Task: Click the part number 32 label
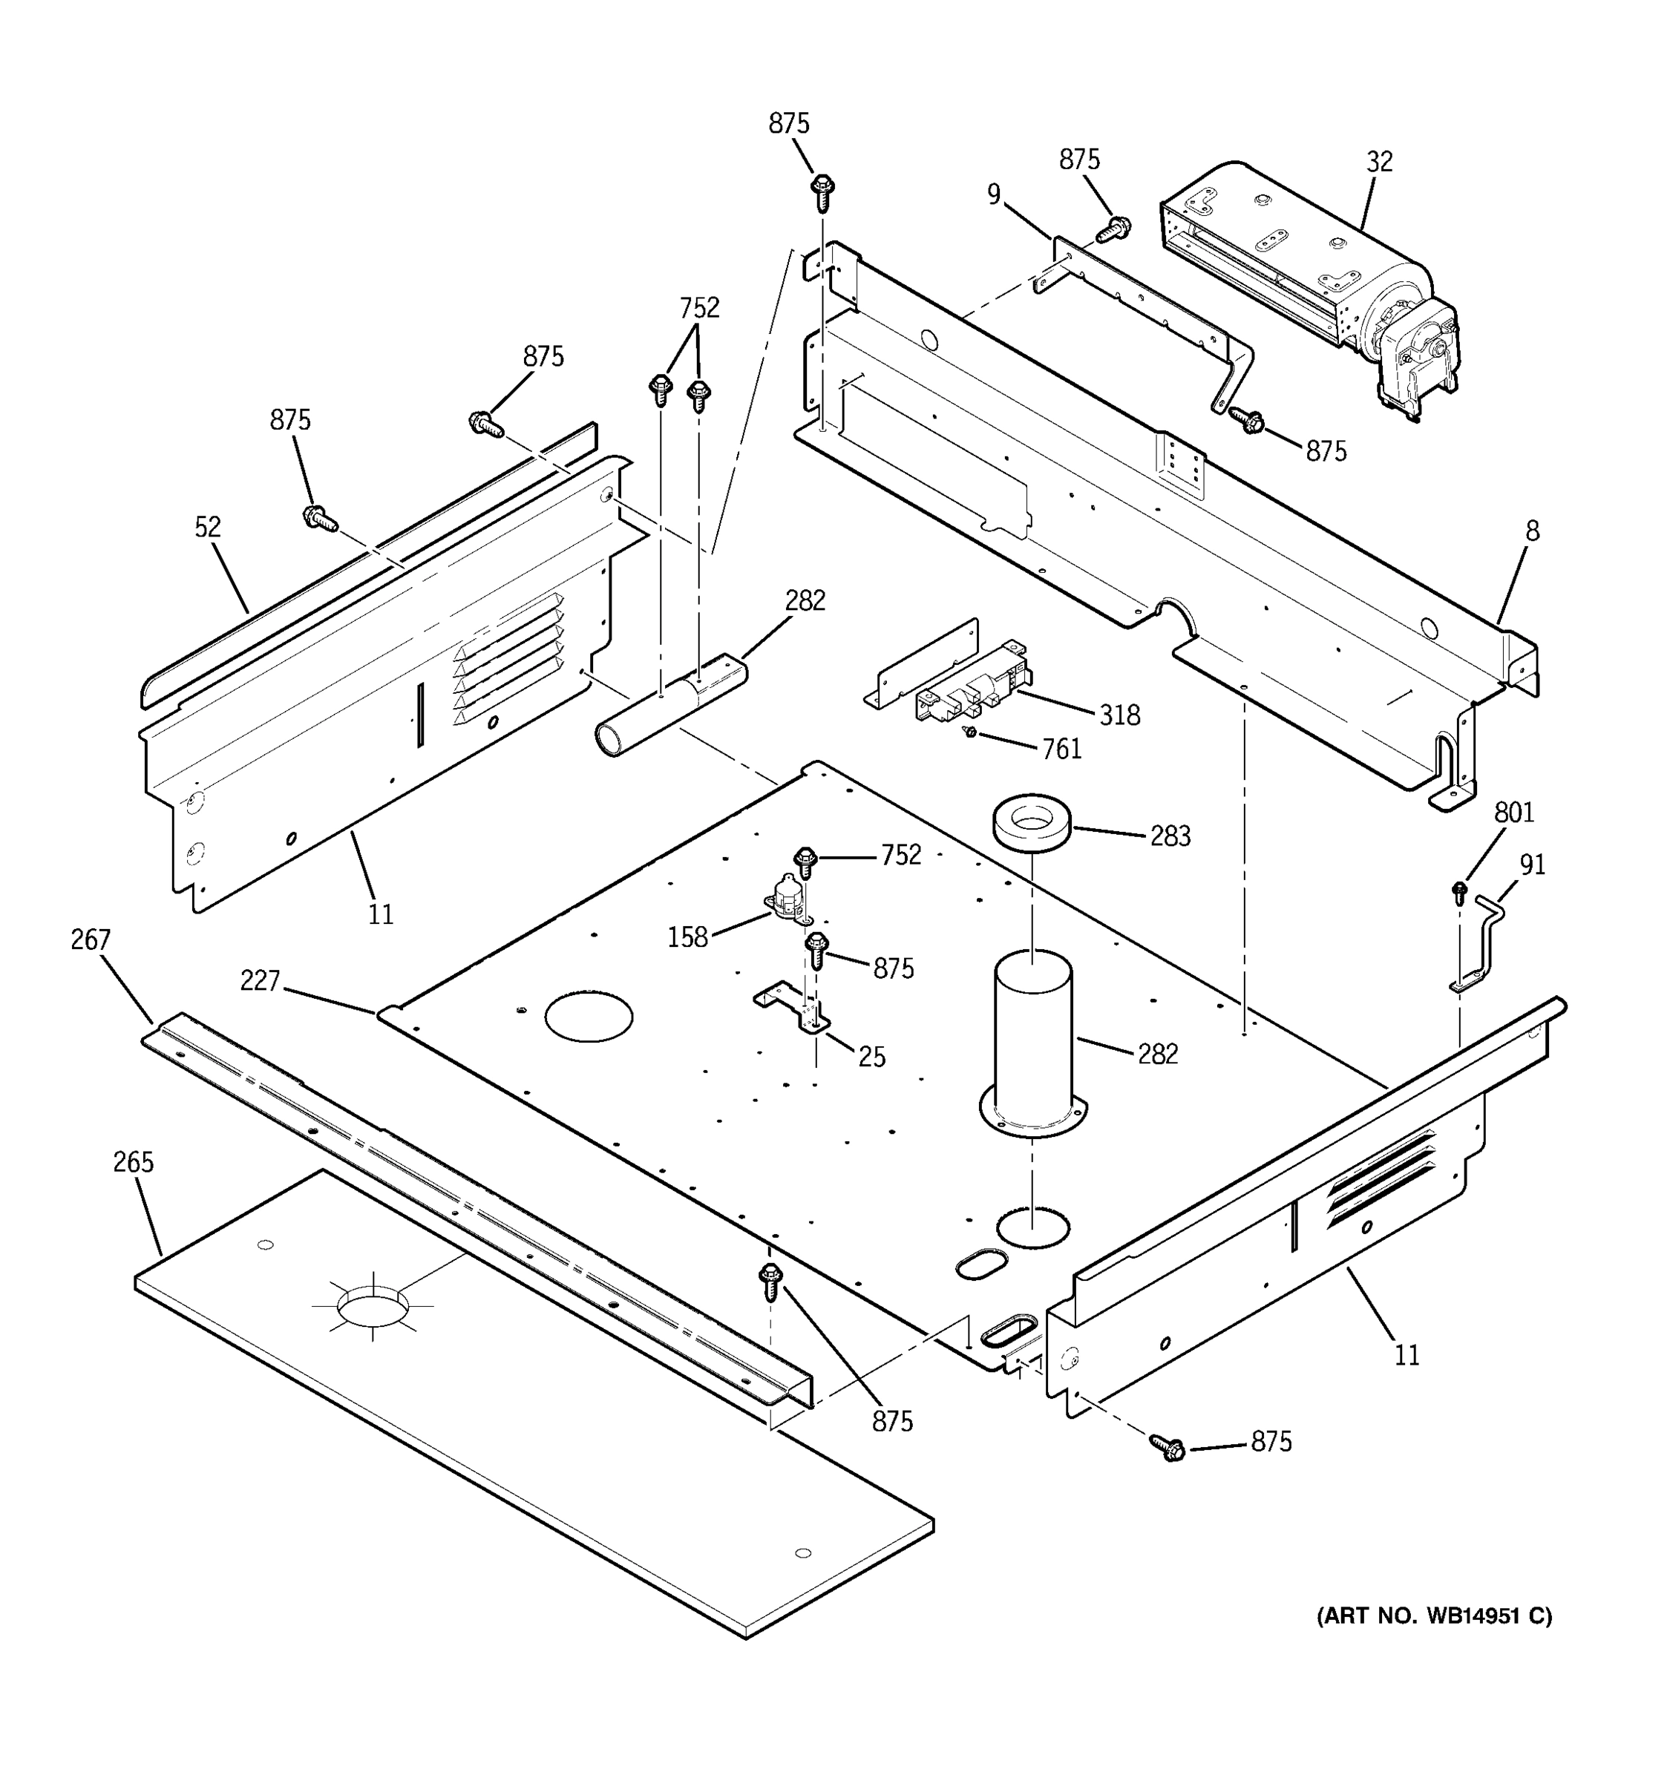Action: [1379, 163]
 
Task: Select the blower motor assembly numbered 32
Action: [1308, 278]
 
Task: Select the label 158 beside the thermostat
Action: [687, 937]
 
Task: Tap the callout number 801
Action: [1514, 813]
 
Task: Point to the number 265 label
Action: [134, 1162]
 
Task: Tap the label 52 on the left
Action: [207, 527]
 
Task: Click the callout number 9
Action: [994, 194]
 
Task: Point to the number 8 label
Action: [1532, 531]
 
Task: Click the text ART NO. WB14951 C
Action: [1433, 1616]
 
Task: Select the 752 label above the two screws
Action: [699, 307]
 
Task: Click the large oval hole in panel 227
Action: [589, 1017]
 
